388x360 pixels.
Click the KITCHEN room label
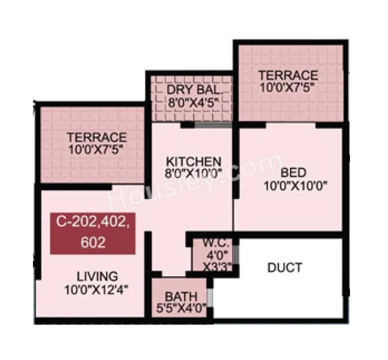194,161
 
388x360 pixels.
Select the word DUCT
285,267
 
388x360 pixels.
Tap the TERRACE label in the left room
97,137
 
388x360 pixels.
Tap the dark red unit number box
93,233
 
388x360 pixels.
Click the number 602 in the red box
93,243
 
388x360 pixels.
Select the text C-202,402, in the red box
93,223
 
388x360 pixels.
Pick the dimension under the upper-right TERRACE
288,86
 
